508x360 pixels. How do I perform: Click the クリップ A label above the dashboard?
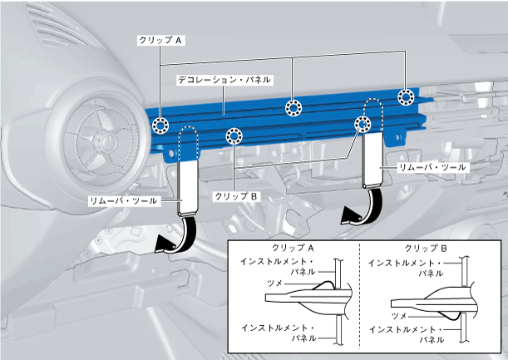(x=161, y=38)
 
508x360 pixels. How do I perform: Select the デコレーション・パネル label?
(x=224, y=80)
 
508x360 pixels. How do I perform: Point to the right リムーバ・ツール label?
(x=432, y=167)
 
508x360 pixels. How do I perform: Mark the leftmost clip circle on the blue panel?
(x=160, y=125)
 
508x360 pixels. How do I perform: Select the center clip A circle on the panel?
(x=293, y=107)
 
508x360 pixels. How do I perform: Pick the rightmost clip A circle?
(x=406, y=97)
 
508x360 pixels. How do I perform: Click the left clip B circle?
(x=234, y=136)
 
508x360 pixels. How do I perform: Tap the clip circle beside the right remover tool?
(x=363, y=125)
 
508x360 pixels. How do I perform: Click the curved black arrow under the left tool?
(x=176, y=235)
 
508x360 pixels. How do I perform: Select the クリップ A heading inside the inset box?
(x=292, y=249)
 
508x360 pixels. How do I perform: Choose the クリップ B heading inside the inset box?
(x=426, y=249)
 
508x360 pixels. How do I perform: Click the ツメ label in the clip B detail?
(x=399, y=316)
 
